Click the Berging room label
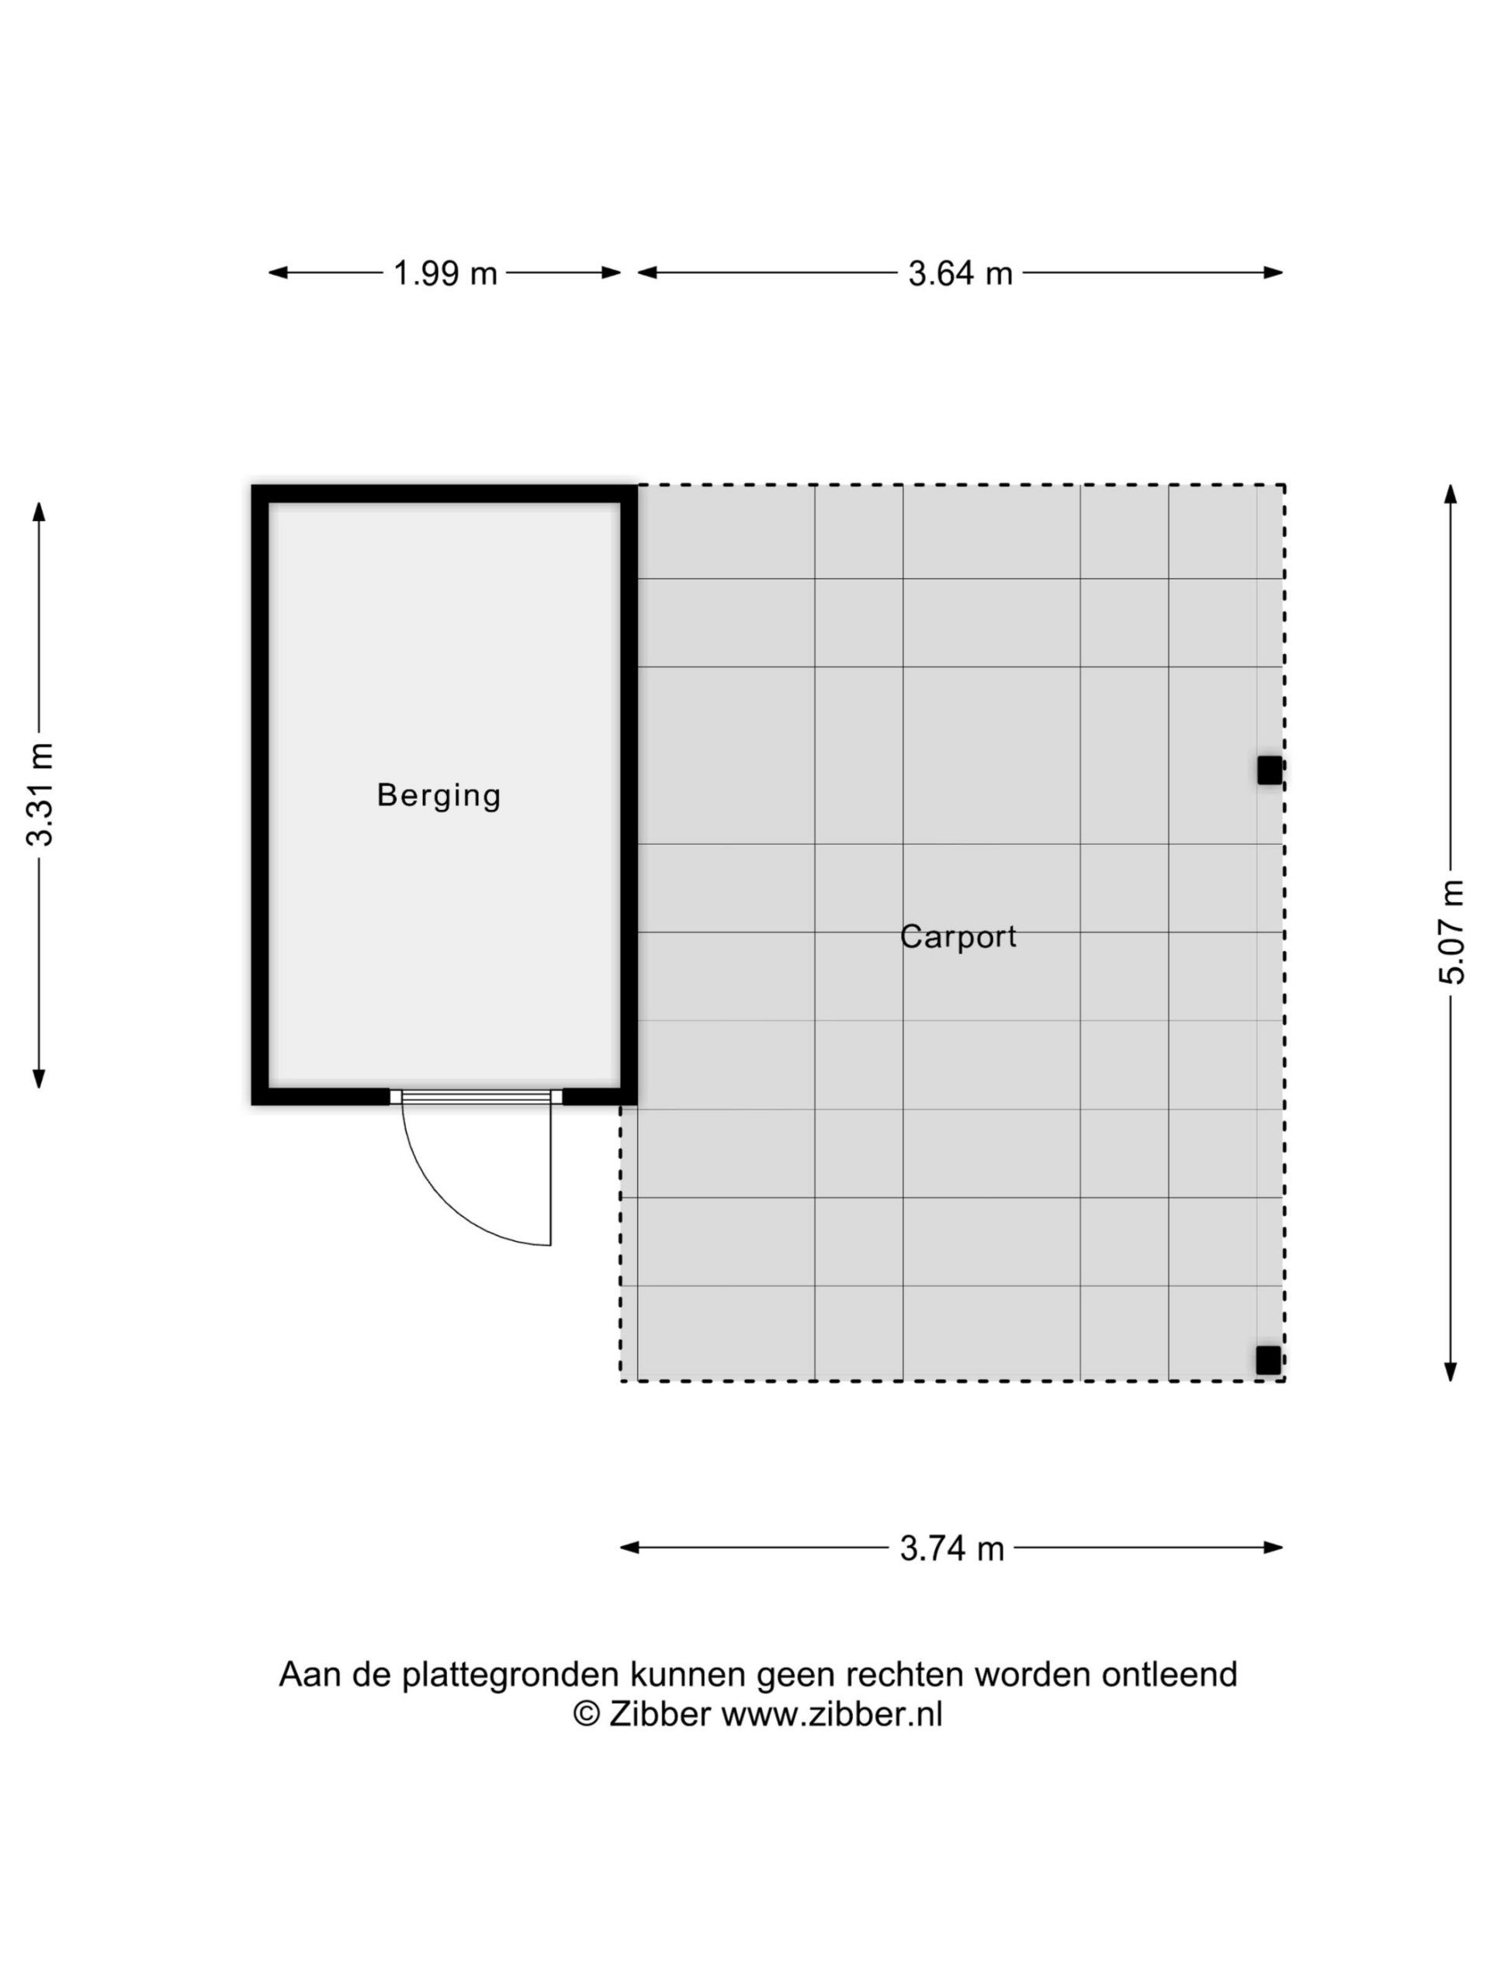tap(438, 795)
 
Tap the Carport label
tap(958, 937)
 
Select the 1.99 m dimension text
tap(445, 273)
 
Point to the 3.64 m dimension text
tap(960, 273)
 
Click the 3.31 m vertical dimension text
tap(41, 794)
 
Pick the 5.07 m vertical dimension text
tap(1451, 932)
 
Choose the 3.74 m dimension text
tap(952, 1548)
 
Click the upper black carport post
tap(1269, 770)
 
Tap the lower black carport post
tap(1268, 1360)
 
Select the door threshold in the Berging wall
tap(476, 1096)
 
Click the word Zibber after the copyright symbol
tap(660, 1714)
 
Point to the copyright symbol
tap(587, 1714)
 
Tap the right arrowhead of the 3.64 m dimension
tap(1273, 273)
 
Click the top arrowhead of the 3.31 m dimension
tap(39, 511)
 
